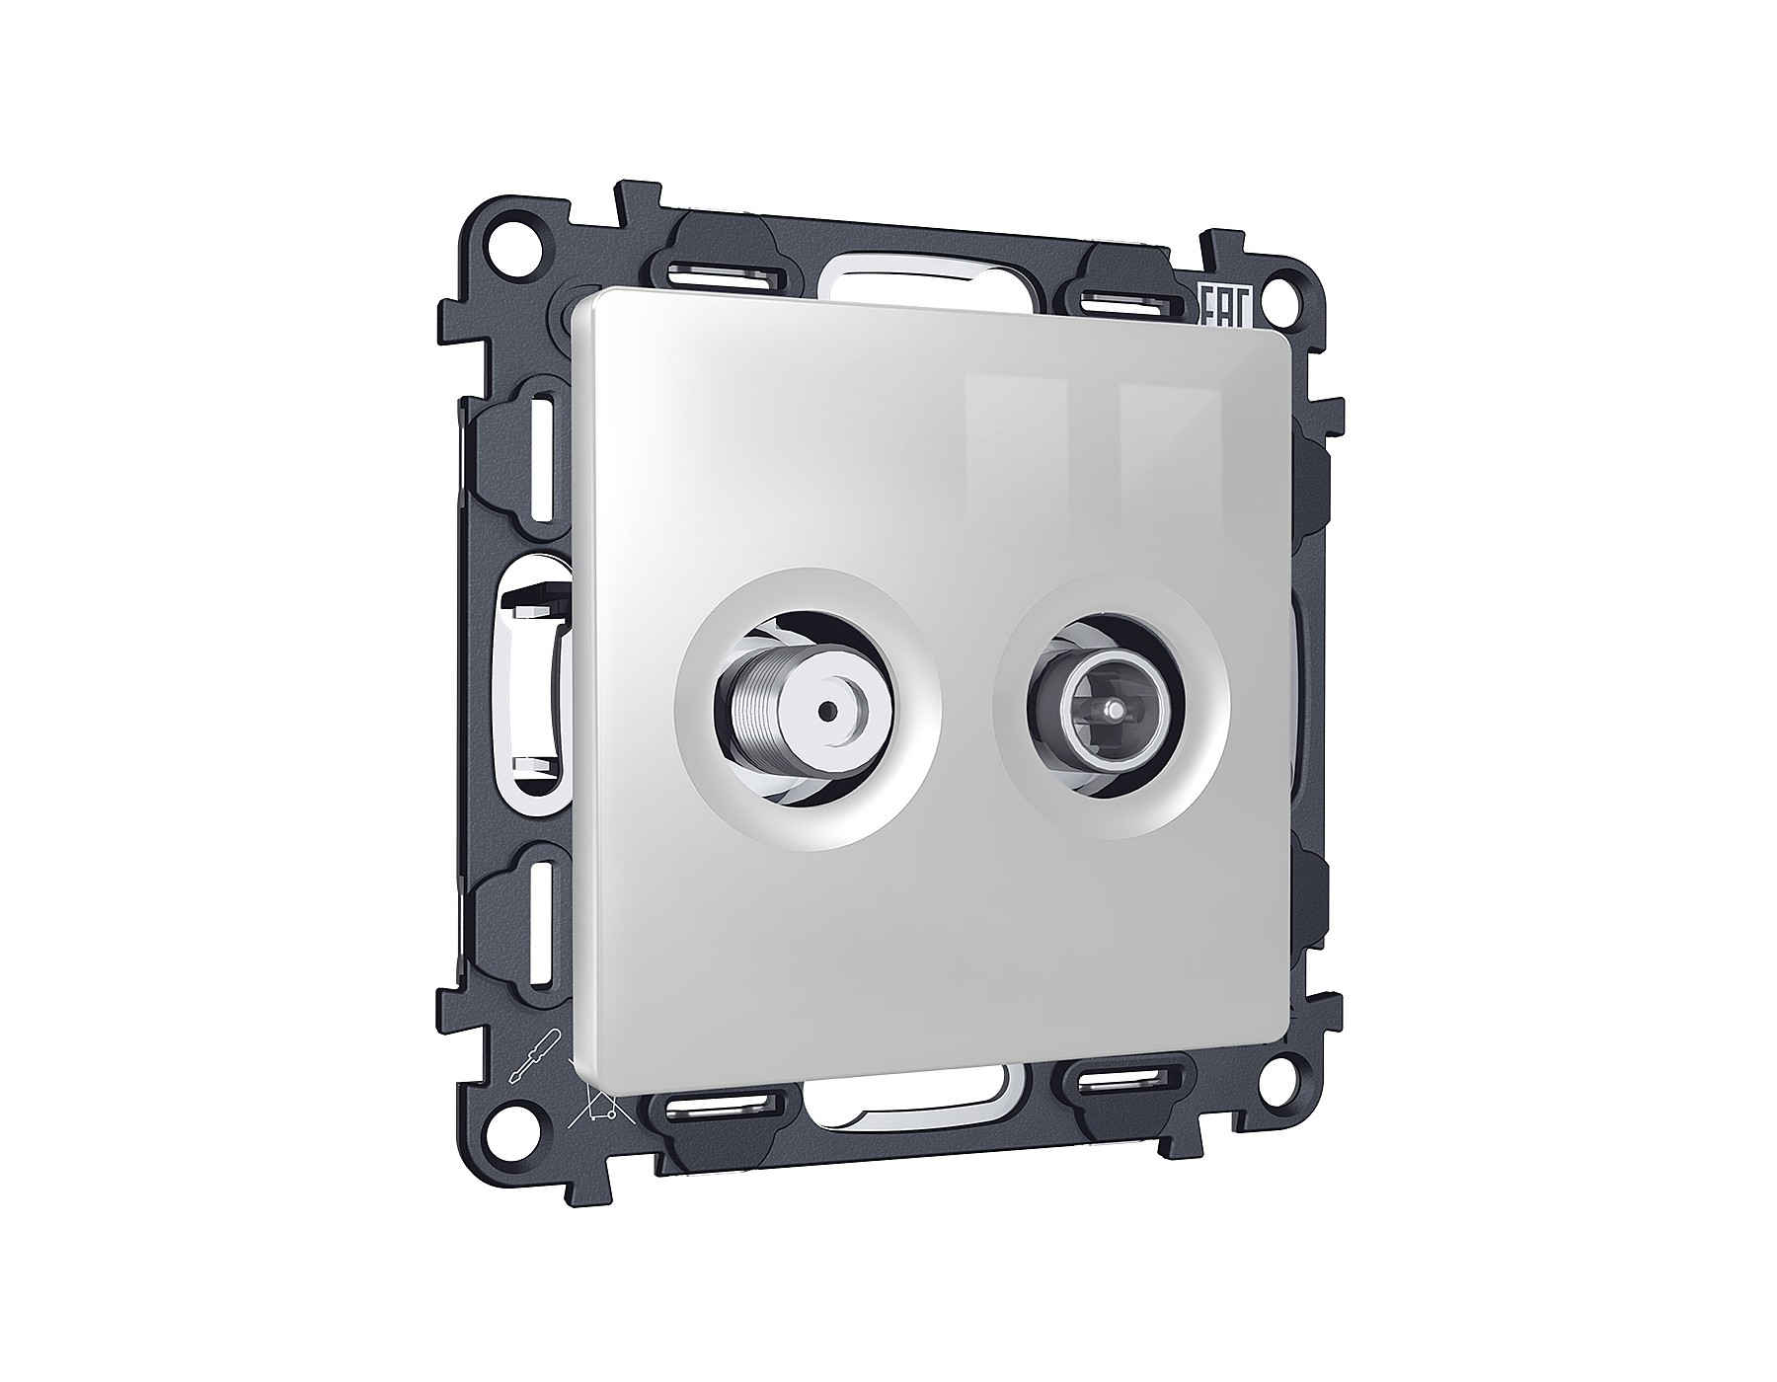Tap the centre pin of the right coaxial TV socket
click(x=1113, y=709)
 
